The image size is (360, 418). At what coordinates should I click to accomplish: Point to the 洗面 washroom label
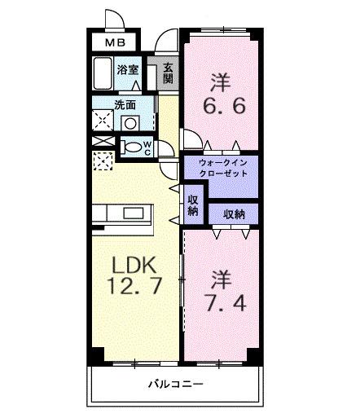point(125,104)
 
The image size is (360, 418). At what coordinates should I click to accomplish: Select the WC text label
point(147,147)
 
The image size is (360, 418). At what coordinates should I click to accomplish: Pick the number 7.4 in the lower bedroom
point(221,302)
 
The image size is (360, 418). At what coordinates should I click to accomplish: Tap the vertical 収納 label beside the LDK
point(193,205)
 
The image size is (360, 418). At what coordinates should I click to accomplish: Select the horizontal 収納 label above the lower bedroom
point(235,214)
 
